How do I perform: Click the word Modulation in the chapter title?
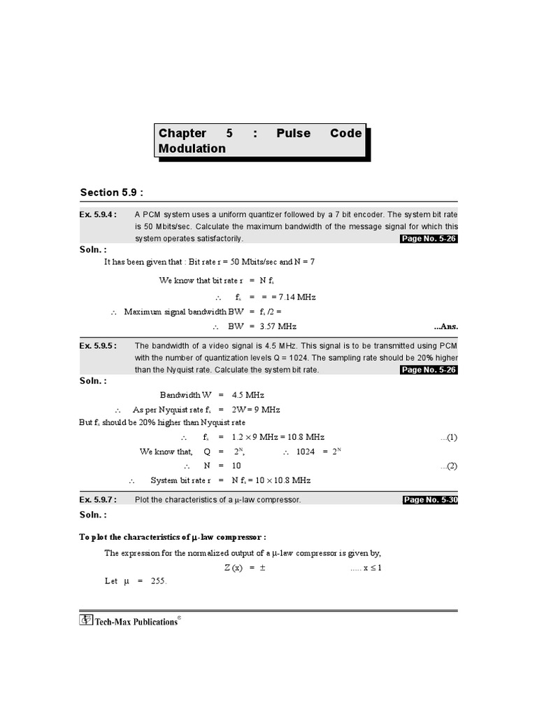pos(192,148)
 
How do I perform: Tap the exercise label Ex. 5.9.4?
pos(97,215)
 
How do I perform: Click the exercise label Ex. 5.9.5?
pos(97,345)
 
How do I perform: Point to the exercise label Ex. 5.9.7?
pos(97,499)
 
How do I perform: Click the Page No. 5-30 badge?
pos(430,500)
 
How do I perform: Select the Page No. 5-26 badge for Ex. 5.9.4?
pos(428,239)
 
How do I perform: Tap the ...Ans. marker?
pos(445,326)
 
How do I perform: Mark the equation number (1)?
pos(448,438)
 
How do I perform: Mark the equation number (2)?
pos(448,466)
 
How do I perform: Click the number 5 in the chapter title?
pos(229,133)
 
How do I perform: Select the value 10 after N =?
pos(236,466)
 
